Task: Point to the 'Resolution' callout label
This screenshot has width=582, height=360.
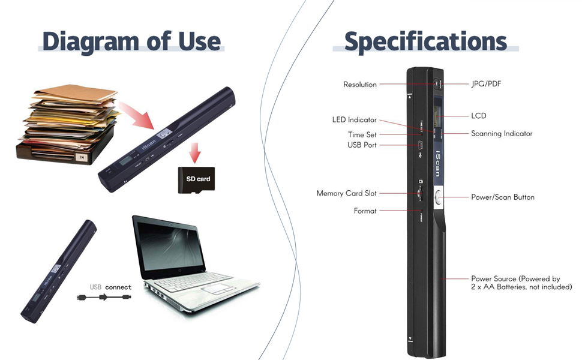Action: (360, 85)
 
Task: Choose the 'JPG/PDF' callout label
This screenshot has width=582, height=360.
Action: (486, 84)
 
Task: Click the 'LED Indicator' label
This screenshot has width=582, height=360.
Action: (355, 120)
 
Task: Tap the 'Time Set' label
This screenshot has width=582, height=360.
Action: (362, 135)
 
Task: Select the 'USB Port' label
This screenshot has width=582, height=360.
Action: (362, 145)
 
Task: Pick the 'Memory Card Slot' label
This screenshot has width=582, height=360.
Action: (347, 194)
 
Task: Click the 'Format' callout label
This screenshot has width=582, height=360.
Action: (365, 211)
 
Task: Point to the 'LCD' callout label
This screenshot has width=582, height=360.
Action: (479, 116)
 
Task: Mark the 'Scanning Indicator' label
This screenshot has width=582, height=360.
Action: (502, 134)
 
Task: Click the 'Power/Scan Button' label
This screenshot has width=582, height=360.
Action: (503, 197)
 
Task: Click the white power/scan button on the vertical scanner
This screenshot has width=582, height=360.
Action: (437, 197)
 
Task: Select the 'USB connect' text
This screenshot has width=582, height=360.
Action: (110, 287)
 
